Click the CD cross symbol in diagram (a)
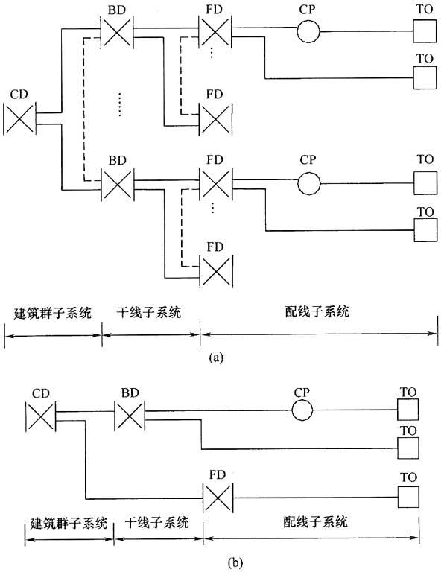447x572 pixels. click(19, 119)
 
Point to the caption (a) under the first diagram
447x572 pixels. click(215, 359)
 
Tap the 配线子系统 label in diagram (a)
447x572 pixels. click(320, 312)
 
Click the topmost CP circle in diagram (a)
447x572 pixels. click(307, 33)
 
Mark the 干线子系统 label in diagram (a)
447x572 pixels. click(149, 312)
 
